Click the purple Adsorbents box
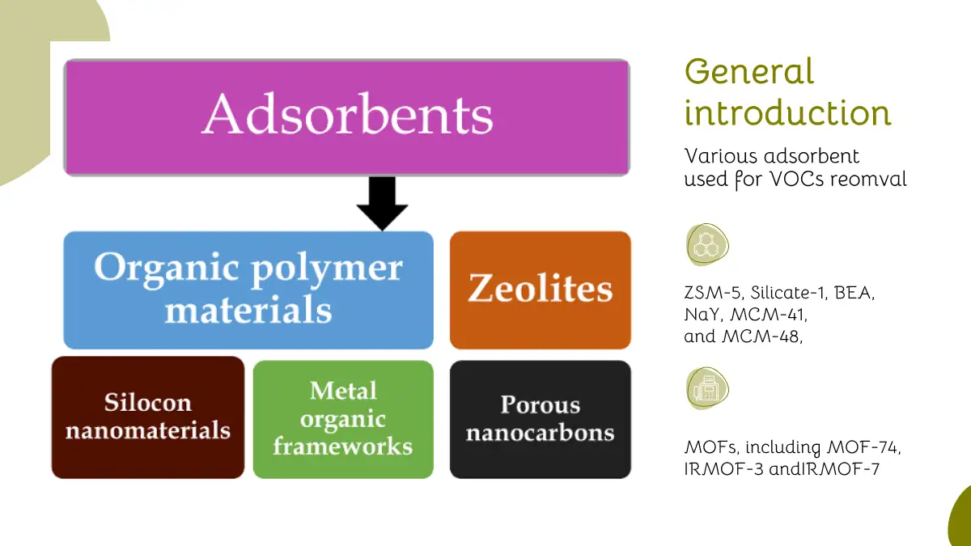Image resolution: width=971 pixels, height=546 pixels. point(346,117)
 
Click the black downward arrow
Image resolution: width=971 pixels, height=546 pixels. point(382,205)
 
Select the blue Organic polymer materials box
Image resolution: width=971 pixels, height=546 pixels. point(248,290)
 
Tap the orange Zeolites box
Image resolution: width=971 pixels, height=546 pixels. point(540,290)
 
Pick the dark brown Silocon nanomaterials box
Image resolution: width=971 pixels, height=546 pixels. point(148,417)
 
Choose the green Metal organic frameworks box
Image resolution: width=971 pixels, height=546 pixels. point(343,418)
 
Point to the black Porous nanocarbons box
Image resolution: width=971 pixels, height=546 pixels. point(540,418)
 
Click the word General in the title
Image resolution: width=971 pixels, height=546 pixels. point(749,72)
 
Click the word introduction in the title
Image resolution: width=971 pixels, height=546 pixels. point(787,112)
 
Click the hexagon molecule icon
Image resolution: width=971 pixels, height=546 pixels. point(706,244)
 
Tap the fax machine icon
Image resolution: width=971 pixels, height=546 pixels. point(706,388)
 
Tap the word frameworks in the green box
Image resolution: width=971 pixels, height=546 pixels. point(343,446)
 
